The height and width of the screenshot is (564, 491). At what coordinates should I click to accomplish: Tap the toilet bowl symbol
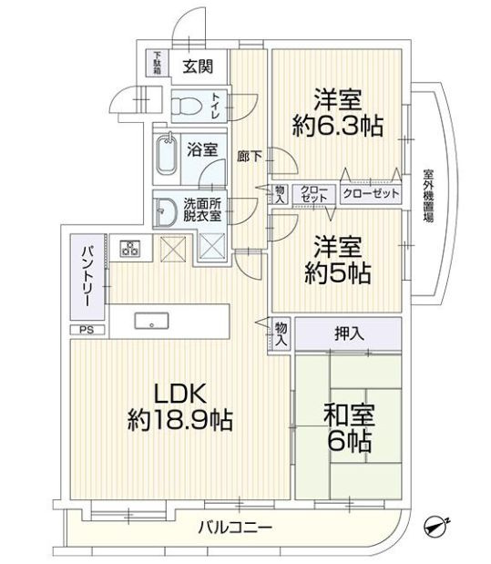click(x=186, y=106)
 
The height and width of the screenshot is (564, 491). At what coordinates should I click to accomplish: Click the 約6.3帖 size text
click(x=336, y=123)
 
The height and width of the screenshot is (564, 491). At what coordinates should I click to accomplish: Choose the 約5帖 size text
click(x=336, y=272)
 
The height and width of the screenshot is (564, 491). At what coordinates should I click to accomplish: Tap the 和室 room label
click(x=348, y=417)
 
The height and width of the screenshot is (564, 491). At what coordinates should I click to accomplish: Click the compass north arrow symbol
click(x=436, y=527)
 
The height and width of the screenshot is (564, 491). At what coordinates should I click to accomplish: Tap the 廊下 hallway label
click(x=249, y=156)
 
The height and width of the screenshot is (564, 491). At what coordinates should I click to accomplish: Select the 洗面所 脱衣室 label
click(x=202, y=210)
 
